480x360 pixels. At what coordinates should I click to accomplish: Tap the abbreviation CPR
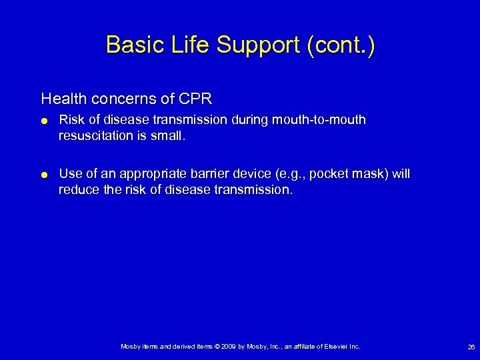click(195, 99)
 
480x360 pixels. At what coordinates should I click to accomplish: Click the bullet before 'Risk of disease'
click(44, 121)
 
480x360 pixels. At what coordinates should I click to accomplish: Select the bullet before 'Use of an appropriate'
click(44, 175)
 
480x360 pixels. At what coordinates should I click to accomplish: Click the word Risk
click(71, 120)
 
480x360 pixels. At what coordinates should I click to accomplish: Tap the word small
click(171, 135)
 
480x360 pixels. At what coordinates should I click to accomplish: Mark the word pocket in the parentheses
click(329, 175)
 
